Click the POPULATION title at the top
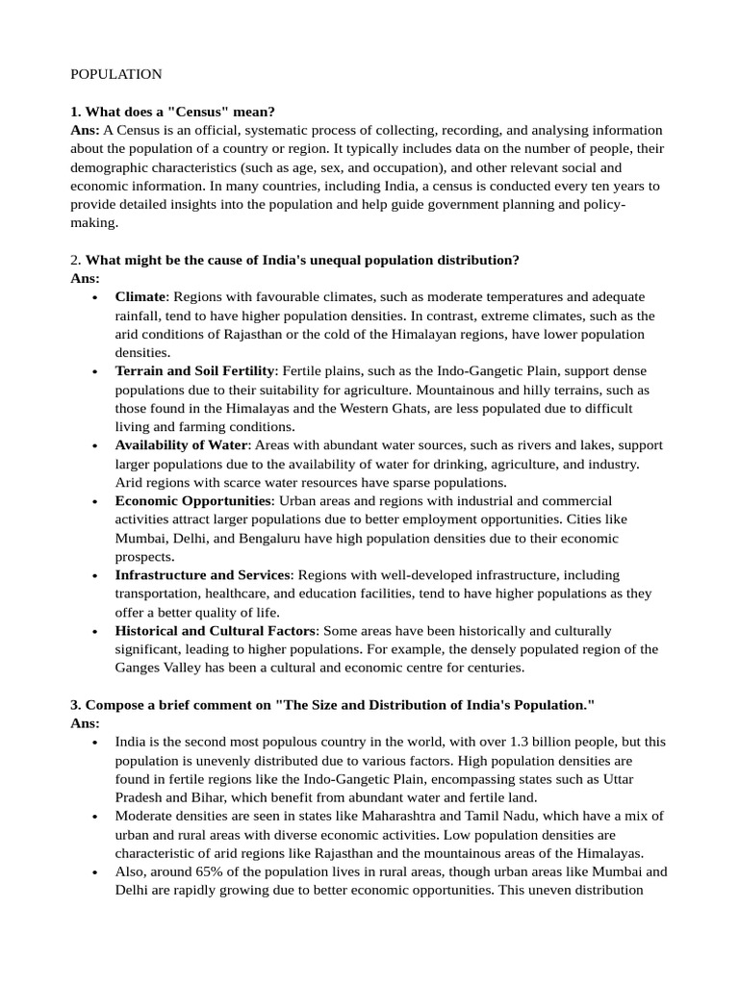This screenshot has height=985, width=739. [x=115, y=74]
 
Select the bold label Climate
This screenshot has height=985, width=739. [x=140, y=297]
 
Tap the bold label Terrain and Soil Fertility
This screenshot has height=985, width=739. [x=195, y=371]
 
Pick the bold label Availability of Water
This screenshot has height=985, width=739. [x=182, y=445]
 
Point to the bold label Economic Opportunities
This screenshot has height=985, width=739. [x=194, y=501]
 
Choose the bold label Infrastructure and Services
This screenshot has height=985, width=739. [x=202, y=575]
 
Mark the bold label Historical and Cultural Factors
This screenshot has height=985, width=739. [x=216, y=631]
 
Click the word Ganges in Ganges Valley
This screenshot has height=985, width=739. [x=137, y=668]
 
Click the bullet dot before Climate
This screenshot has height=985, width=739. [x=93, y=298]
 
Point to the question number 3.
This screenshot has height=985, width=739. [x=75, y=705]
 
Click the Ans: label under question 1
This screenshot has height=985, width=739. [x=85, y=130]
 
